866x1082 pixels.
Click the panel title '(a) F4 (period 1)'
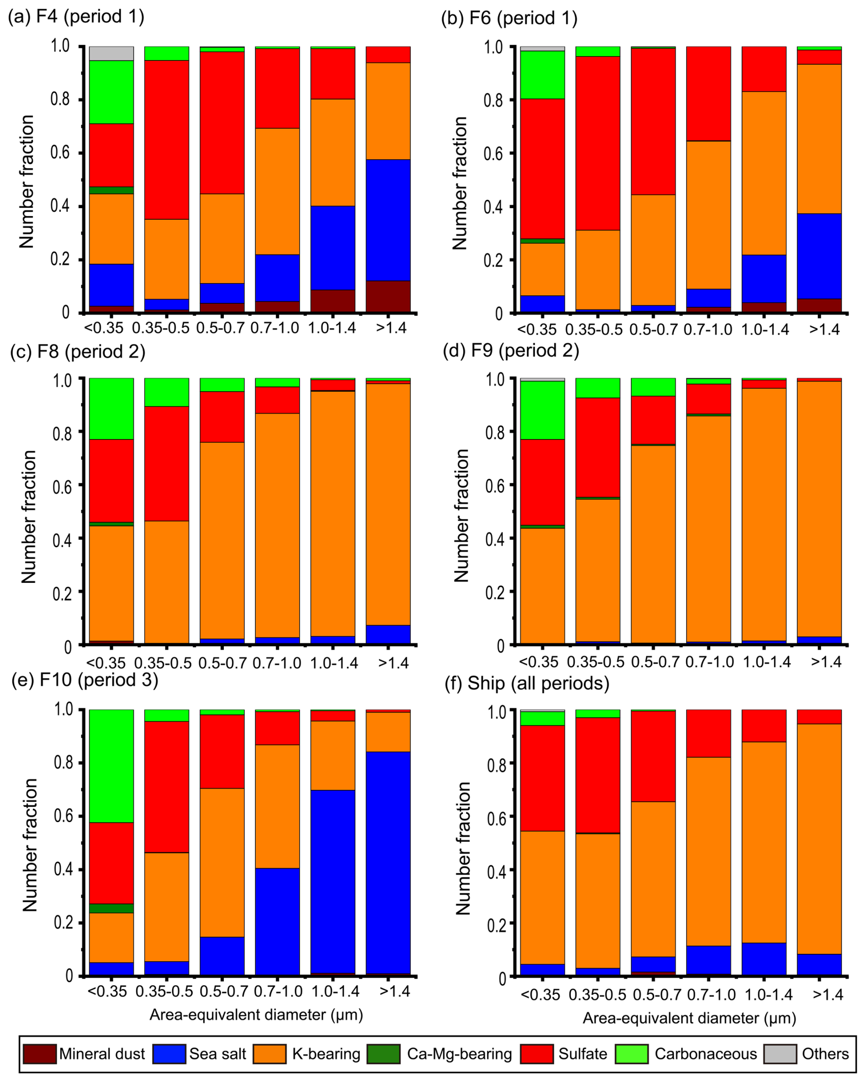pyautogui.click(x=76, y=16)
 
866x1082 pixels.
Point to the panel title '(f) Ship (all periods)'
pyautogui.click(x=527, y=683)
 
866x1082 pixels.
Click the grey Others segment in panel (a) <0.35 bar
pyautogui.click(x=111, y=53)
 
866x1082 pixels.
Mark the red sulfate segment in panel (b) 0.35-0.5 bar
pyautogui.click(x=597, y=143)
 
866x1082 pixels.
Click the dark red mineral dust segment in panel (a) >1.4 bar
pyautogui.click(x=388, y=296)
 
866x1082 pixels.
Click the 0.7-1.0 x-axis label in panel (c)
pyautogui.click(x=276, y=663)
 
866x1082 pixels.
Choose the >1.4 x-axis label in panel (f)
pyautogui.click(x=828, y=995)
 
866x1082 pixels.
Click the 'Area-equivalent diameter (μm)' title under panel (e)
pyautogui.click(x=256, y=1015)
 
